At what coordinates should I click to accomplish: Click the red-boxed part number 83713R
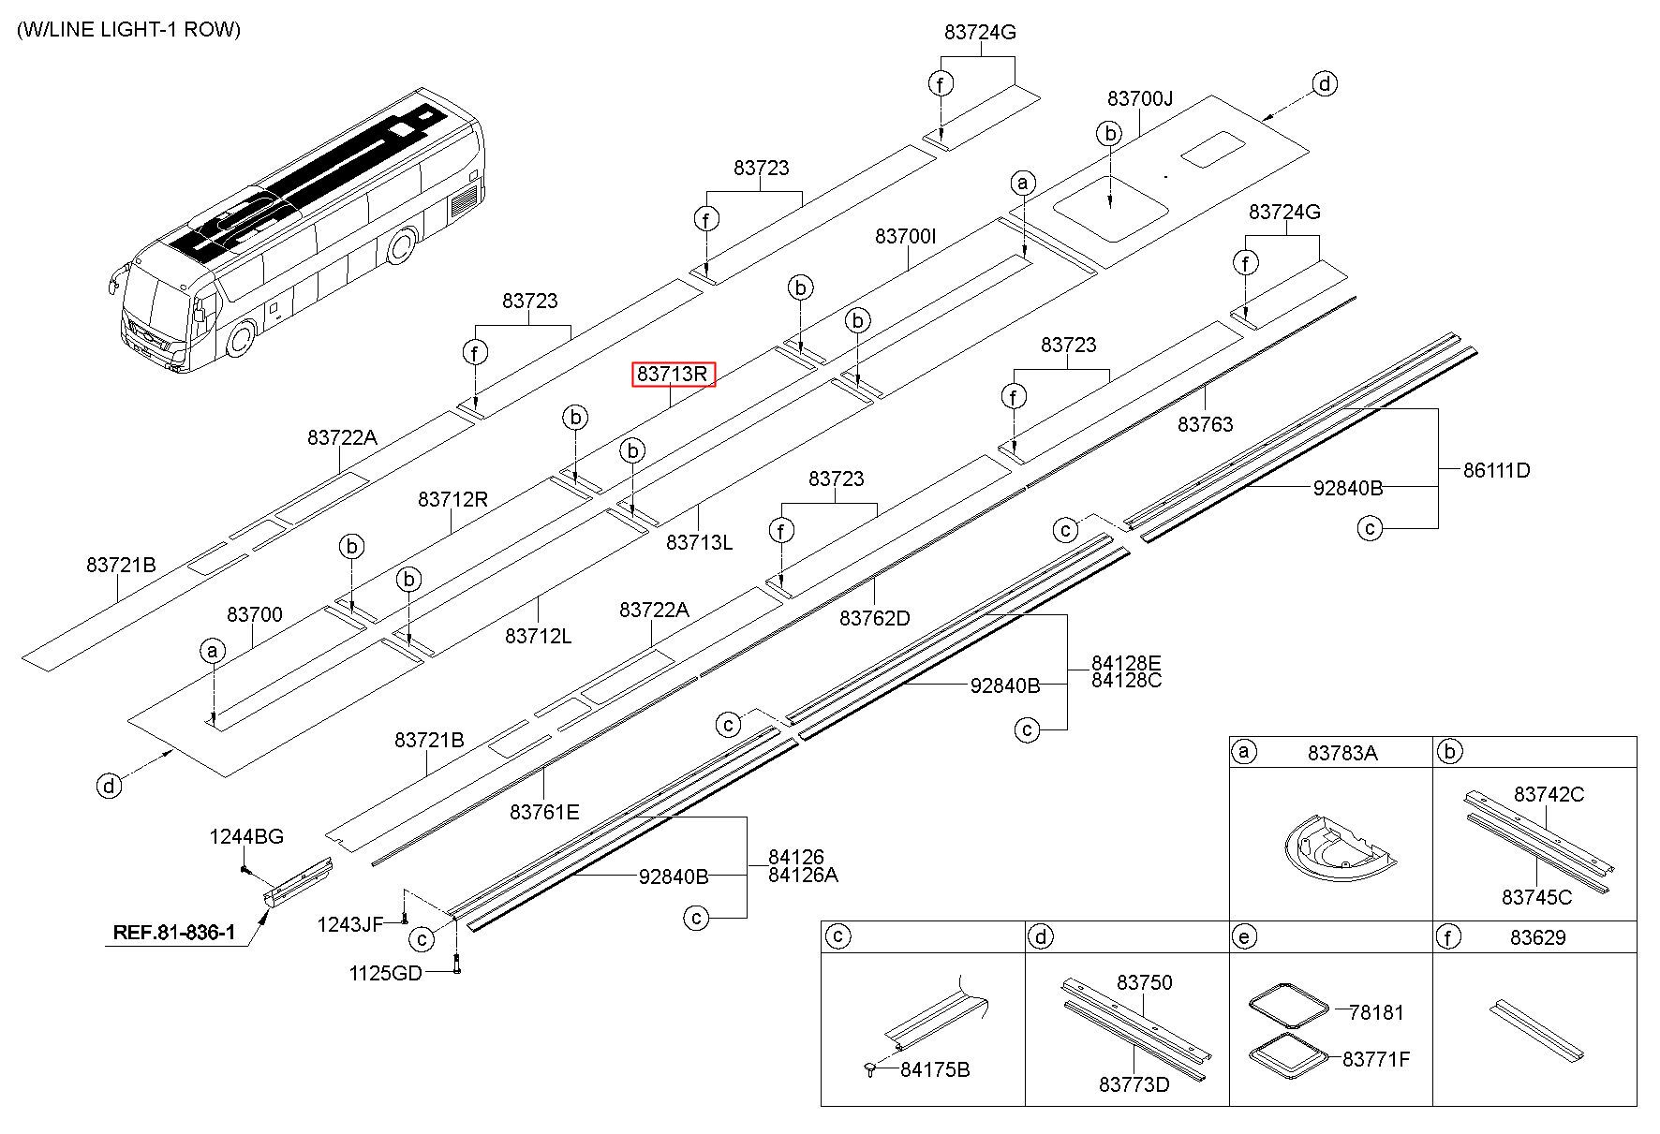(x=674, y=375)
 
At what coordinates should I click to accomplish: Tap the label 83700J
(x=1139, y=99)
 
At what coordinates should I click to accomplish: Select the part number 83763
(x=1205, y=424)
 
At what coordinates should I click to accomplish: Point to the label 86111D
(x=1496, y=470)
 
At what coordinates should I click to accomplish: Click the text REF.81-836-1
(x=174, y=933)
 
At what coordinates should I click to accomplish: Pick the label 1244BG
(x=245, y=836)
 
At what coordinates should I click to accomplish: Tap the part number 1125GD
(x=385, y=973)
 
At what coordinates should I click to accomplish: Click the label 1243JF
(x=349, y=925)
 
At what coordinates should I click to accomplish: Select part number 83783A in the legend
(x=1342, y=753)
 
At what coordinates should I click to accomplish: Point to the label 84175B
(x=934, y=1069)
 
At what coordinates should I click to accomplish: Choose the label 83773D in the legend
(x=1134, y=1084)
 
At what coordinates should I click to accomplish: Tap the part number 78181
(x=1376, y=1012)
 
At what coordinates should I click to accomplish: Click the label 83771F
(x=1375, y=1059)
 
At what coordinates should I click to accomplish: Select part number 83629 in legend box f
(x=1537, y=937)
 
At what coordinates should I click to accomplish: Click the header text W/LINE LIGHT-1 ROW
(x=128, y=30)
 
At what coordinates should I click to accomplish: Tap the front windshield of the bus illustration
(x=155, y=309)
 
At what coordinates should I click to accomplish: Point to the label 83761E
(x=544, y=812)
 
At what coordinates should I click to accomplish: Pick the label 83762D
(x=874, y=618)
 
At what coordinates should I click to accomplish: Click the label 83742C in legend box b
(x=1549, y=794)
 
